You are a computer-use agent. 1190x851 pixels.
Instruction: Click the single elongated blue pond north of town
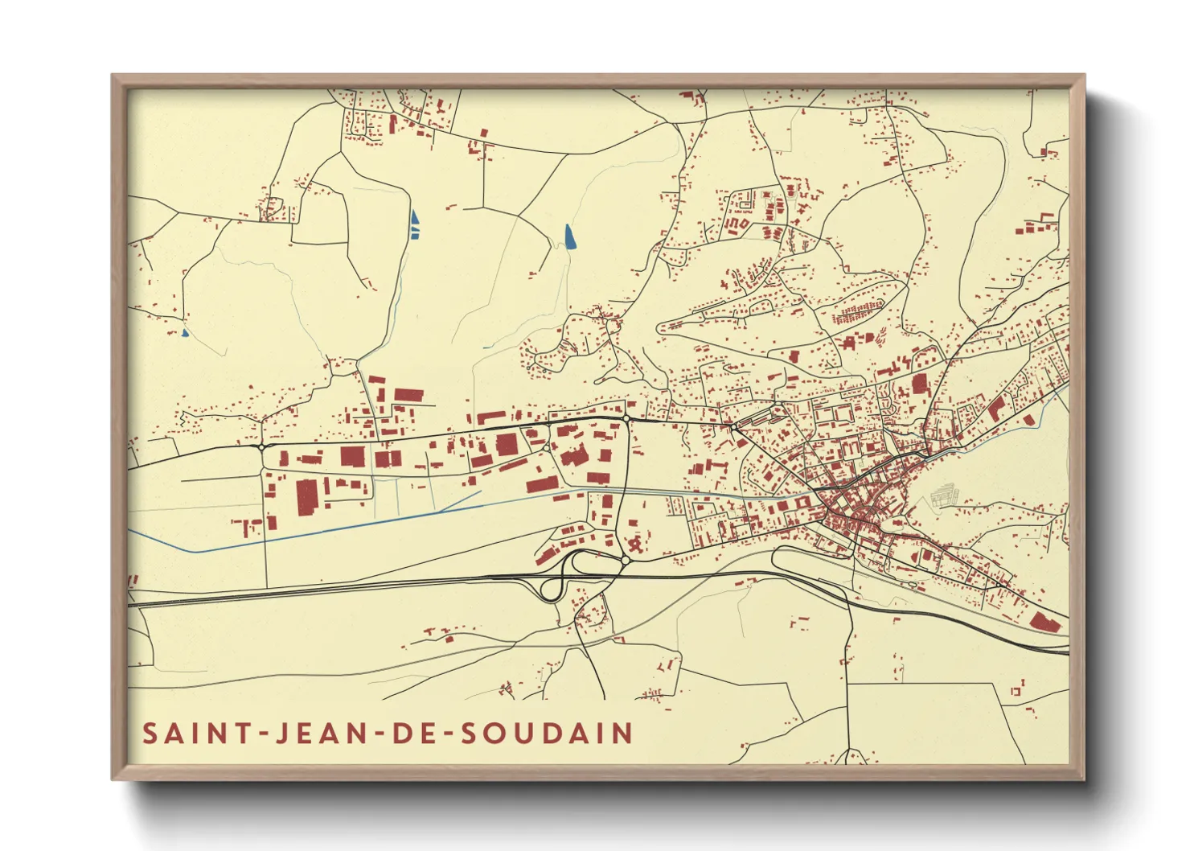569,236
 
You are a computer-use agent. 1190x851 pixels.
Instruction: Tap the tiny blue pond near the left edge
185,331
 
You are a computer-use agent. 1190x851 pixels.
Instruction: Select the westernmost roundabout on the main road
262,446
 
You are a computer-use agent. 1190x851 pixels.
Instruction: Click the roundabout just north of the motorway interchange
625,560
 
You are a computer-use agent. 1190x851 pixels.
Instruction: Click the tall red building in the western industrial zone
307,496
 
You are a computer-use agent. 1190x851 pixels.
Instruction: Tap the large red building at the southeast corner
1044,622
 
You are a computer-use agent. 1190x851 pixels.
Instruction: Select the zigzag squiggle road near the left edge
185,418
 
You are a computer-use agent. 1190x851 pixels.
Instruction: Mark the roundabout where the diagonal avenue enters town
733,425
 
